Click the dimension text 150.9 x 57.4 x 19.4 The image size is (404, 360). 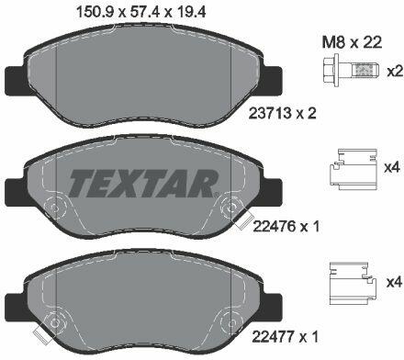(x=141, y=13)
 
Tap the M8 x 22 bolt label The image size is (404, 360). (x=352, y=42)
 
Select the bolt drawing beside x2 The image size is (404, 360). (x=350, y=72)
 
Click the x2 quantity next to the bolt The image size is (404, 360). (x=394, y=72)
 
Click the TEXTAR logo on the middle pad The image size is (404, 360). (x=143, y=183)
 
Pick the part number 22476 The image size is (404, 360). (x=275, y=227)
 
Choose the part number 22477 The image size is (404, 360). (x=274, y=337)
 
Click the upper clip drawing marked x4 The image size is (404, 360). (x=353, y=169)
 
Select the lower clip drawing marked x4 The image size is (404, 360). (x=353, y=283)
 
